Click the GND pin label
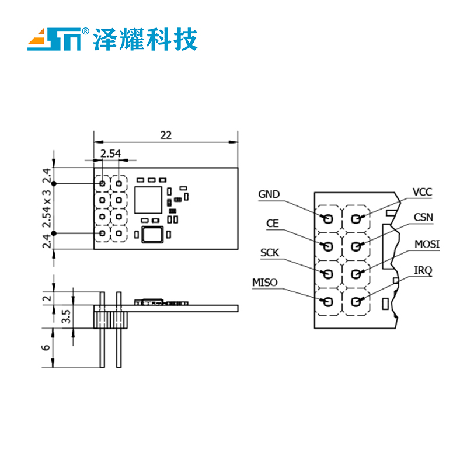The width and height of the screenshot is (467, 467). click(x=269, y=194)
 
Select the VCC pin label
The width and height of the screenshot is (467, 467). click(x=422, y=191)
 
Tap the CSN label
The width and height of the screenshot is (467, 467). click(x=423, y=217)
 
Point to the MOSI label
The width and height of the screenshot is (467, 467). click(x=427, y=243)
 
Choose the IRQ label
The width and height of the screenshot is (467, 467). click(x=423, y=270)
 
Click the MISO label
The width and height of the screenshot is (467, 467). click(x=264, y=283)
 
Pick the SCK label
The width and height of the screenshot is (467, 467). click(x=269, y=253)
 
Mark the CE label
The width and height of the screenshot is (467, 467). click(x=272, y=224)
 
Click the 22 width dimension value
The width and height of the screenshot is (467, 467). click(x=166, y=135)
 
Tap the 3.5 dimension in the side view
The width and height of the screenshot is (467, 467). click(x=66, y=316)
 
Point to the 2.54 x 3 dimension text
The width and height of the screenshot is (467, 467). click(x=47, y=207)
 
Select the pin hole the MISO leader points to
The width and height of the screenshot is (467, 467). click(x=328, y=301)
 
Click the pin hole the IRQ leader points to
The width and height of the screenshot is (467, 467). click(x=356, y=301)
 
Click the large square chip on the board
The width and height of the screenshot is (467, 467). click(x=147, y=200)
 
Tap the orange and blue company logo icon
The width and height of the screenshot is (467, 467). click(x=54, y=39)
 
